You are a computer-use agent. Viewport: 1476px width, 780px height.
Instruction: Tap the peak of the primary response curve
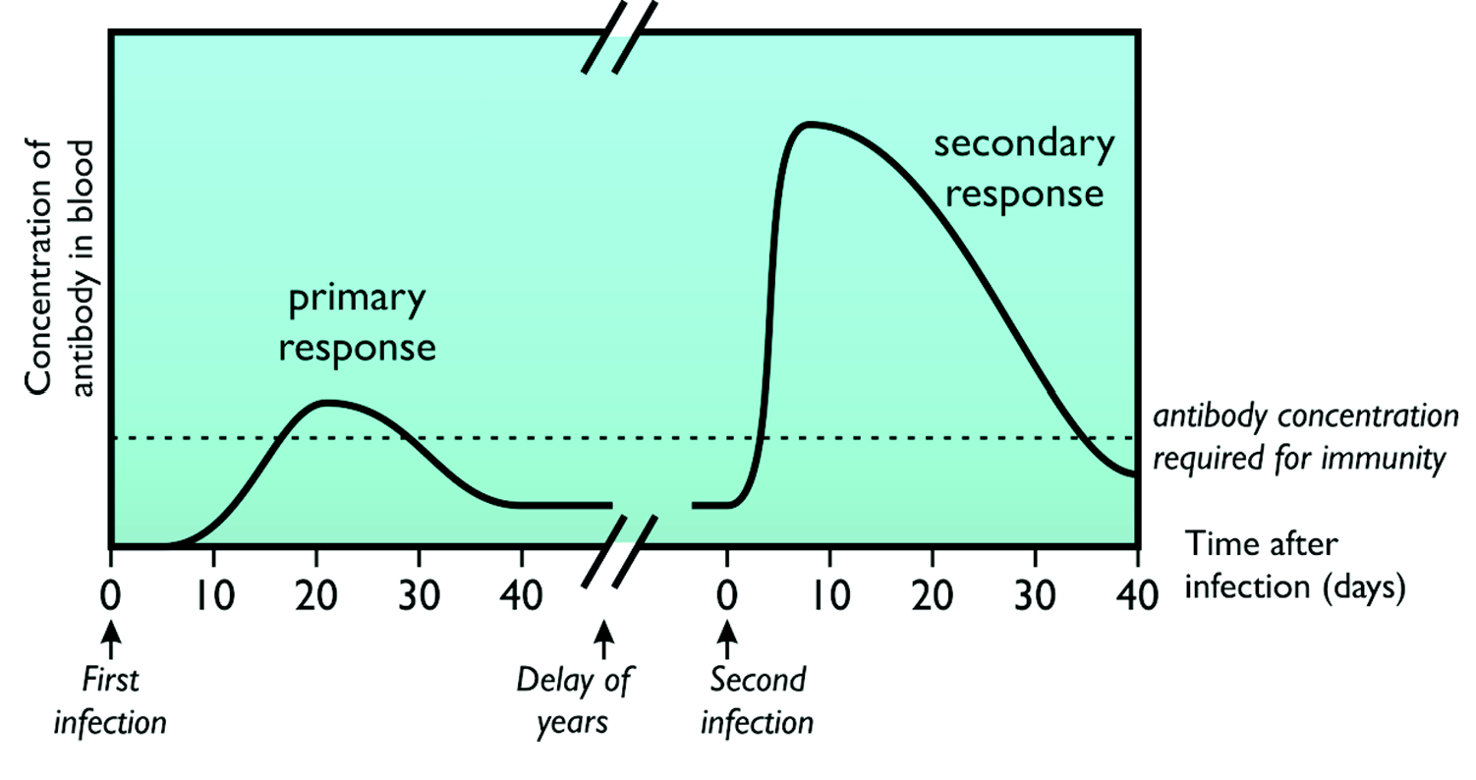[x=325, y=402]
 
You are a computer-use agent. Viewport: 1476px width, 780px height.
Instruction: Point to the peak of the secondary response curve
[x=808, y=124]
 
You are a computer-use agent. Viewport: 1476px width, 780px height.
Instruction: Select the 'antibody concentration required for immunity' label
[x=1305, y=437]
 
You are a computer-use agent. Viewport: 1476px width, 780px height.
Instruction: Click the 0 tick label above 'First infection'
[x=111, y=594]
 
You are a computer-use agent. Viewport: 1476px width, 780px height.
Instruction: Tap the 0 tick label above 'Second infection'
[x=727, y=594]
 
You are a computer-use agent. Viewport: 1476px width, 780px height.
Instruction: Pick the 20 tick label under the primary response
[x=316, y=594]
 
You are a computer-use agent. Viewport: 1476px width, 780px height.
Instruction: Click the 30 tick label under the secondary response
[x=1035, y=594]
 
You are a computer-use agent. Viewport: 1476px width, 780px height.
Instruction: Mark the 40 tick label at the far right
[x=1137, y=594]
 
